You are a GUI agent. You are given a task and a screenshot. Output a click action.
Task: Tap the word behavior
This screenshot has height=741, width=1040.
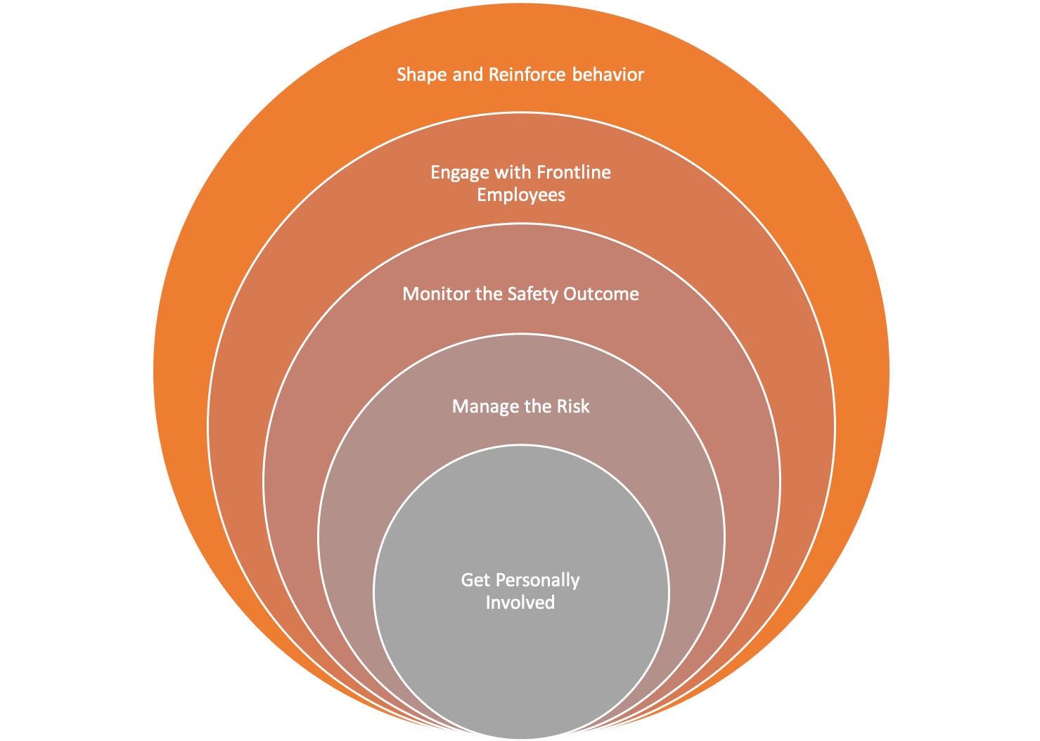click(x=608, y=75)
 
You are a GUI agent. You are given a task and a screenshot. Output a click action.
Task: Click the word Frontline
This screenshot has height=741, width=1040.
click(x=574, y=172)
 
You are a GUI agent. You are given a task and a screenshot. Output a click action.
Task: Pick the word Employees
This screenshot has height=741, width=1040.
click(x=521, y=195)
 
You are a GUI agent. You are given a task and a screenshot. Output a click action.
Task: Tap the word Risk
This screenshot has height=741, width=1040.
click(x=573, y=406)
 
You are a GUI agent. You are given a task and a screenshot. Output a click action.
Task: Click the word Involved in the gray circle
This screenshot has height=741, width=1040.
click(x=520, y=603)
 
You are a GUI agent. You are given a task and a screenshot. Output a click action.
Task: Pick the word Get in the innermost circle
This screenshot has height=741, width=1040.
click(x=475, y=580)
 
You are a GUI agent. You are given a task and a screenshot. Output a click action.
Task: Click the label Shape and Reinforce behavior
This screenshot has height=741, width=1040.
click(x=520, y=75)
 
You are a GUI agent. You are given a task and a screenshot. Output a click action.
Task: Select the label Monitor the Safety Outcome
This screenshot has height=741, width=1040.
click(x=520, y=294)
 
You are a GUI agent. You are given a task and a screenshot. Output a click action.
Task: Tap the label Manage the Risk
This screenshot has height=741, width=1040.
click(x=520, y=406)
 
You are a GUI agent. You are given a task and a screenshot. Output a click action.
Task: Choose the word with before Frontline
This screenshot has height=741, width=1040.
click(x=514, y=172)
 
